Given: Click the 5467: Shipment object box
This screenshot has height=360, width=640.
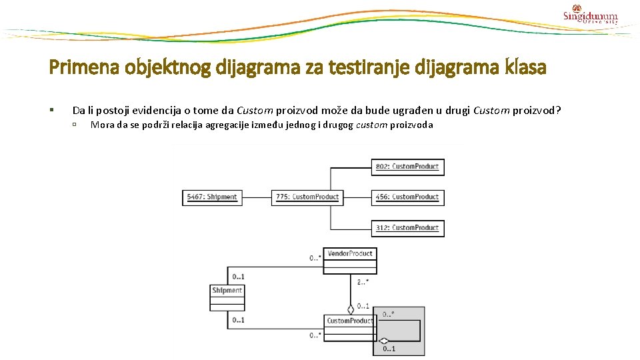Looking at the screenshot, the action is click(212, 197).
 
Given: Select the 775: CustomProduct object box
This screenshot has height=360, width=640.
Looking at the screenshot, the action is click(307, 197).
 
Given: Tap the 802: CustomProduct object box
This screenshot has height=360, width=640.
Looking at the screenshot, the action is click(407, 166).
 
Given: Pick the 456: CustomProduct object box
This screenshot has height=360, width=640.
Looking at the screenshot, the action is click(407, 197).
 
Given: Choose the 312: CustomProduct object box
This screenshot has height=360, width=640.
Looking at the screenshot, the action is click(407, 228).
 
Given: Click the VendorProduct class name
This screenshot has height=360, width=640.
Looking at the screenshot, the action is click(350, 253).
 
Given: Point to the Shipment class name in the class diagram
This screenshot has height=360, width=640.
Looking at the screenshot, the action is click(227, 290).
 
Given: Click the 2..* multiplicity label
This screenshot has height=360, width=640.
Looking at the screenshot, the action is click(363, 282).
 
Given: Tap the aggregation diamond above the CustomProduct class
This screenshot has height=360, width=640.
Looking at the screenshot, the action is click(351, 309).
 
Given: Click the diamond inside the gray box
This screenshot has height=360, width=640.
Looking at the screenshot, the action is click(383, 341).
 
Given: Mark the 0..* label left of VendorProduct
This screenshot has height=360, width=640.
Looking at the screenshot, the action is click(315, 257).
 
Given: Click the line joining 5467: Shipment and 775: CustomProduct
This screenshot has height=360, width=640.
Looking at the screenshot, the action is click(256, 197).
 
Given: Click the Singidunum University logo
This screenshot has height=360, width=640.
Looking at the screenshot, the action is click(590, 15).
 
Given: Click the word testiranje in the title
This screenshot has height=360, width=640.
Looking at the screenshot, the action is click(369, 67).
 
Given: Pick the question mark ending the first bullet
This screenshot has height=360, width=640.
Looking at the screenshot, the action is click(558, 110).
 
